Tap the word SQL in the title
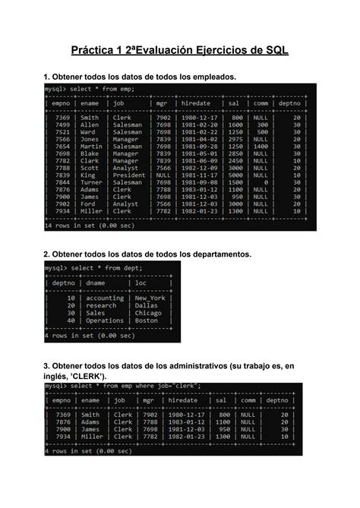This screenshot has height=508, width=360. [275, 50]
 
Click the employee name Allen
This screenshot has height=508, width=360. [90, 125]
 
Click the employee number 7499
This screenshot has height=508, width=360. [62, 125]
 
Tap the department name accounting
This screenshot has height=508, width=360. [105, 298]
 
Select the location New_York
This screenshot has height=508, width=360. [150, 298]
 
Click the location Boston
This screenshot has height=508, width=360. [147, 320]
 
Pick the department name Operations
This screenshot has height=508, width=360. [105, 320]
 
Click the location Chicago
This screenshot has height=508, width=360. [148, 313]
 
